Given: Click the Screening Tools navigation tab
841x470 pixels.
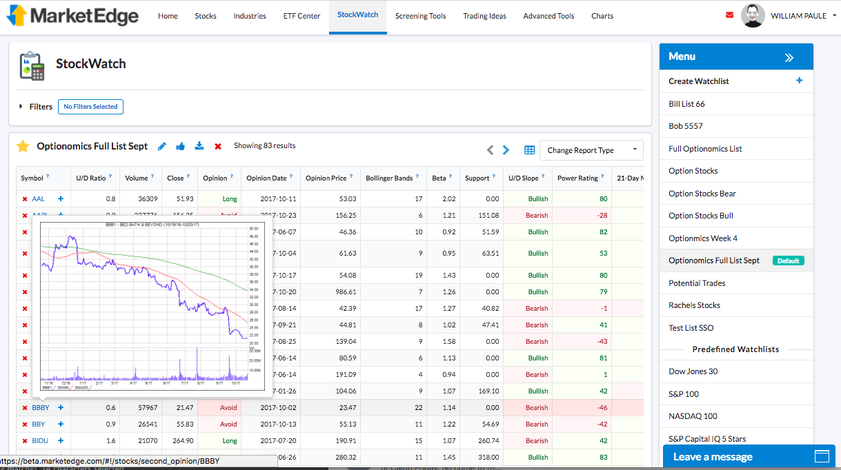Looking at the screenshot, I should [420, 16].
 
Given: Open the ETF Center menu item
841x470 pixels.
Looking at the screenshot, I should [301, 16].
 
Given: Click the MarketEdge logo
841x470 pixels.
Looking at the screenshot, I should [72, 15].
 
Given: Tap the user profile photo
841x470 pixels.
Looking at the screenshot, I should [752, 16].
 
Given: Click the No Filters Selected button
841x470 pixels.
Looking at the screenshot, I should [90, 107].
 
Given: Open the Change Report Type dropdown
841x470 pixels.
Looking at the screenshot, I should [591, 150].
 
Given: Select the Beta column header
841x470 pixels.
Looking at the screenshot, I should [439, 178].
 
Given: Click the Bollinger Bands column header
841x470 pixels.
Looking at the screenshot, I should [389, 178].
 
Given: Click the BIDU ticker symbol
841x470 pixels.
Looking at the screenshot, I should [39, 441].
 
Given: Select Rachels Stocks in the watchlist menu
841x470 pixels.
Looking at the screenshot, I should [694, 305].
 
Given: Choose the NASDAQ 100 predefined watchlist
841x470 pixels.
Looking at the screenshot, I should [693, 416].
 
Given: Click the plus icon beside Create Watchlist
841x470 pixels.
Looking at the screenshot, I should [800, 81].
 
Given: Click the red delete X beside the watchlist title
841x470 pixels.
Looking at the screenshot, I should [218, 146].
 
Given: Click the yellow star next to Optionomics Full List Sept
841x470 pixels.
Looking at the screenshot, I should [23, 146].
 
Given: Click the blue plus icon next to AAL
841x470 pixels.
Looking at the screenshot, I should [61, 198].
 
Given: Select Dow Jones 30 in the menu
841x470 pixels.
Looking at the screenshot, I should [693, 371].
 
